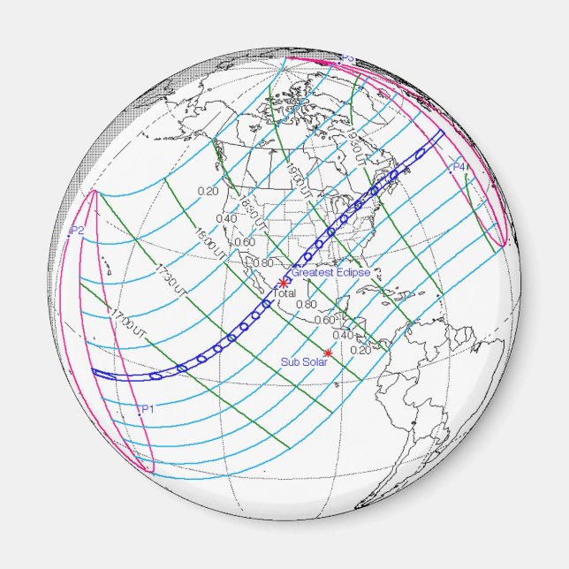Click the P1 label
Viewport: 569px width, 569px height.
point(147,408)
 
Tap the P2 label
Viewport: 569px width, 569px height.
point(77,230)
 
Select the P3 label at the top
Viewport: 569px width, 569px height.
point(347,58)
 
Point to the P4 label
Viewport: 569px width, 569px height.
point(459,166)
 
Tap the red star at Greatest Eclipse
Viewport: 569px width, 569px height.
point(283,282)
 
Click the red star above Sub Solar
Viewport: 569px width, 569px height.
point(328,353)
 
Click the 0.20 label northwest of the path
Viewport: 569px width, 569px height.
point(208,191)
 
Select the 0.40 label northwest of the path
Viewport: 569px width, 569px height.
point(226,218)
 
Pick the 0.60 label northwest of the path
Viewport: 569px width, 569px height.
point(245,241)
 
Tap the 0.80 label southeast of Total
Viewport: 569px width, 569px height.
point(306,304)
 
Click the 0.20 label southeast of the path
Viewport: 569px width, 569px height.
point(360,350)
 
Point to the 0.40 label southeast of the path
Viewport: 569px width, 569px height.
point(343,334)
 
